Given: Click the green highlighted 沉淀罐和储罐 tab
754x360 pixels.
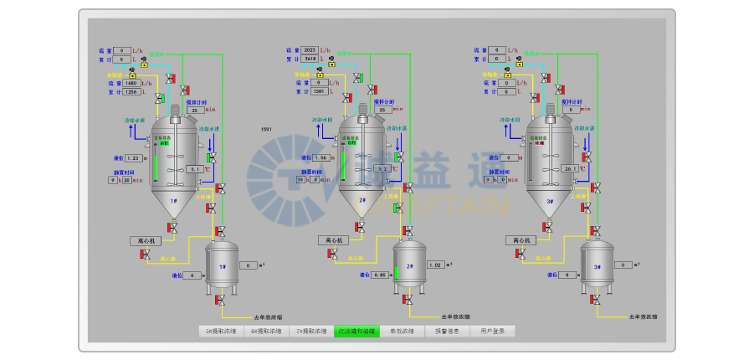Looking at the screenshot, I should tap(357, 332).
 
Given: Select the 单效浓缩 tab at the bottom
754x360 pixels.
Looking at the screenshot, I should tap(403, 332).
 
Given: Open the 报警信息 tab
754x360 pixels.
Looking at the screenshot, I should tap(448, 332).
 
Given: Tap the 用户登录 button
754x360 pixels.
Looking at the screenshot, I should tap(493, 332).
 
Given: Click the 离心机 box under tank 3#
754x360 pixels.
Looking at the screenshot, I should tap(520, 240).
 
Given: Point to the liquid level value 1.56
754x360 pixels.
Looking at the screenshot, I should tap(318, 157).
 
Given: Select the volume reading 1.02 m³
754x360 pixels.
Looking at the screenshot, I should tap(435, 265).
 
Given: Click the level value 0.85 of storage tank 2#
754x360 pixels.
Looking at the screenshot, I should tap(381, 275).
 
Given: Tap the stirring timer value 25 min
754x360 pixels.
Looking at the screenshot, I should tap(194, 110).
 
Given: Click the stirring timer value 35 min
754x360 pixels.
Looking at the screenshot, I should tap(382, 110).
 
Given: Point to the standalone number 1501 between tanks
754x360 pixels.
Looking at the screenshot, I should tap(266, 130).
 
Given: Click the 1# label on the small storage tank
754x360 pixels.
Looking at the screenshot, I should tap(223, 267).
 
